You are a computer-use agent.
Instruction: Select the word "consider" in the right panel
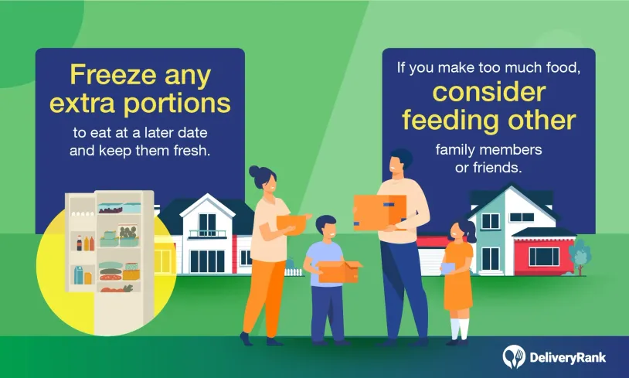pos(489,92)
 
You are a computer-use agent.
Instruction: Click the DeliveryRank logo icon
pos(514,356)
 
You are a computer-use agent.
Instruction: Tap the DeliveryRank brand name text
pos(568,358)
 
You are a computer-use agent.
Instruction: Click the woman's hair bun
pos(255,172)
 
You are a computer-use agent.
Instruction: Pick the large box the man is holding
pos(380,213)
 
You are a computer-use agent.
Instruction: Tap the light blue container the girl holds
pos(449,269)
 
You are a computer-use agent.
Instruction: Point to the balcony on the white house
pos(207,233)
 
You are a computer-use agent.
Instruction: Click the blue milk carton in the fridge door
pos(78,275)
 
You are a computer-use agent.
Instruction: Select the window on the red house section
pos(544,257)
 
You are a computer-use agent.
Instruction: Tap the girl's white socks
pos(460,329)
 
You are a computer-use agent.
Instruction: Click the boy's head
pos(326,228)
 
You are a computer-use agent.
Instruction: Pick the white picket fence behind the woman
pos(293,272)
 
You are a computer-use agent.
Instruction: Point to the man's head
pos(399,162)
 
